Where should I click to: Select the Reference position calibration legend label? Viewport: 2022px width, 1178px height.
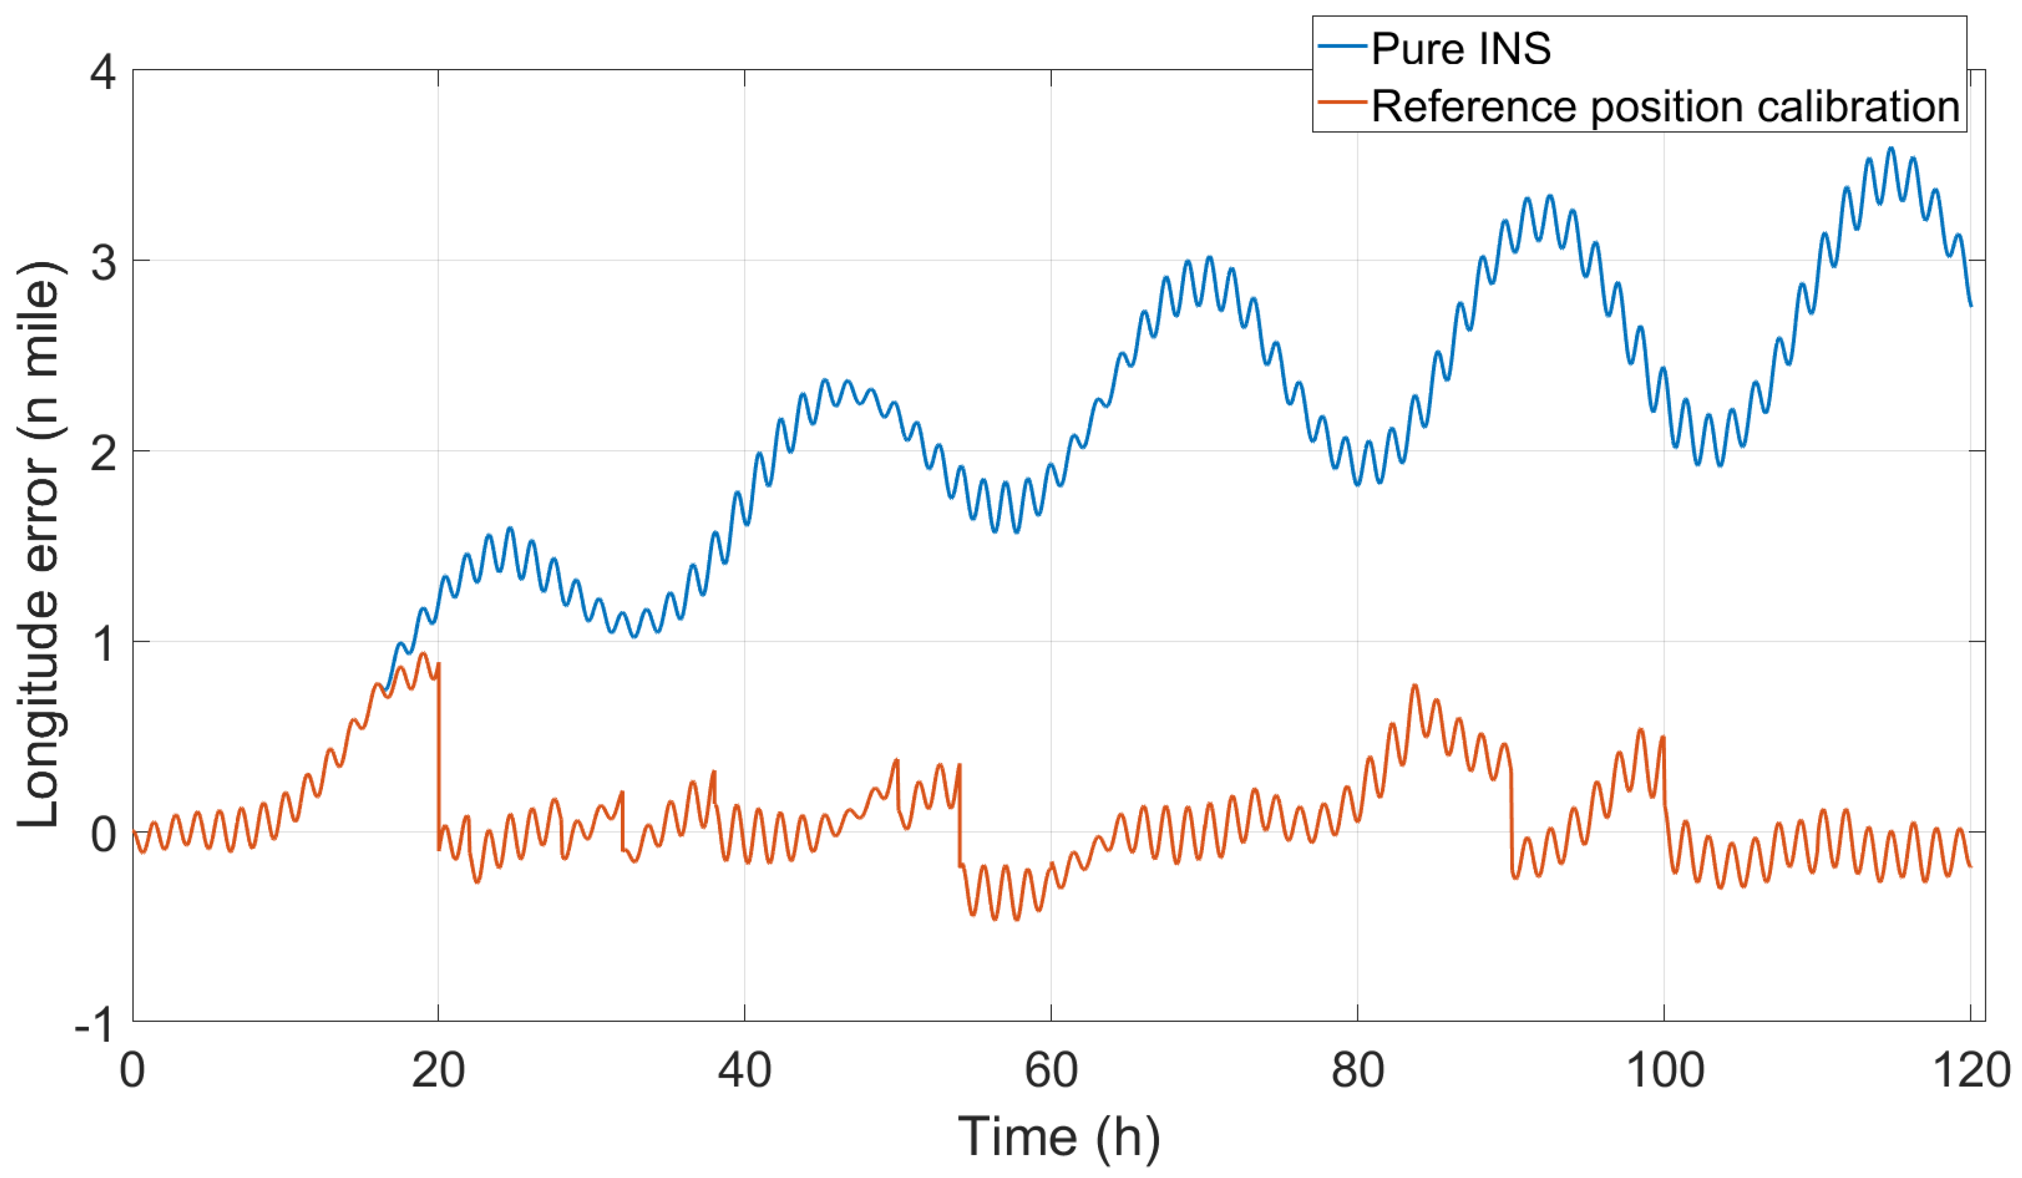1665,107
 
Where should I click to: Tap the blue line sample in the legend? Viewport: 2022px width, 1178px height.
1341,47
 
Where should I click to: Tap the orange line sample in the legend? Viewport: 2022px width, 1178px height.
1341,103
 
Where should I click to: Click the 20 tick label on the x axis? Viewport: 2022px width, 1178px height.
438,1071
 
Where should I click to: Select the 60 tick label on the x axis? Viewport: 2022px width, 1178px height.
1051,1071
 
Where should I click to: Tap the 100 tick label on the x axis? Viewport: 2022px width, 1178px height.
1664,1071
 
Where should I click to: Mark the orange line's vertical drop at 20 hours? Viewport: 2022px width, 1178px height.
439,754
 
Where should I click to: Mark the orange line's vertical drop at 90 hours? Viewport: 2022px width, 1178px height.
1511,818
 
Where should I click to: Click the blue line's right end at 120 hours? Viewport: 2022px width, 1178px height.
1970,305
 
